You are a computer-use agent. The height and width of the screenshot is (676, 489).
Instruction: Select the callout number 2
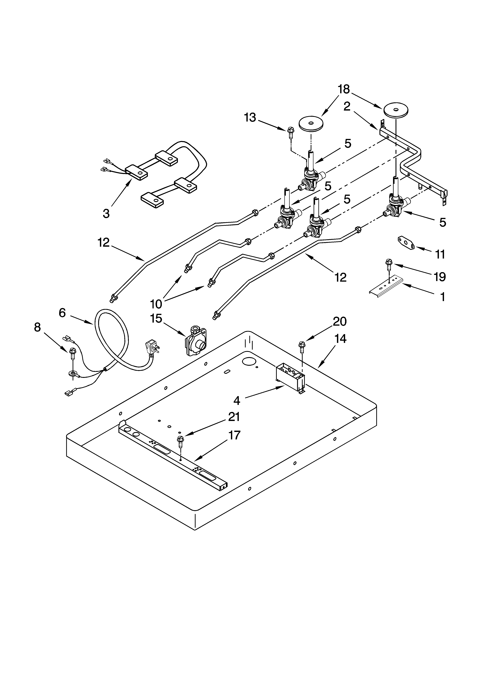point(347,106)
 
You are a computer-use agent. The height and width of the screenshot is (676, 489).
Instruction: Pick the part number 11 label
point(440,254)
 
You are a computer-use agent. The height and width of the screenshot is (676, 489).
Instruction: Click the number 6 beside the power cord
point(62,313)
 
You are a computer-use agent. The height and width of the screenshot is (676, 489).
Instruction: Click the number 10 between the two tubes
point(156,304)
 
